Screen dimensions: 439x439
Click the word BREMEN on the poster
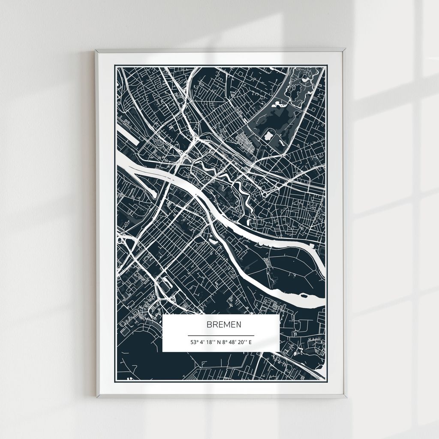click(x=224, y=325)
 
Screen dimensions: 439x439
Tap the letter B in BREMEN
click(x=209, y=325)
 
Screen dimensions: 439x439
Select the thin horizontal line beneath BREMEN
click(x=221, y=335)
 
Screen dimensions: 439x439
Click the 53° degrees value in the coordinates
click(x=194, y=342)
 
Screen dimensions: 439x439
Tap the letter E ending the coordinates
click(x=250, y=342)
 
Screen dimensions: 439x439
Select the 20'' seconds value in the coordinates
click(x=243, y=342)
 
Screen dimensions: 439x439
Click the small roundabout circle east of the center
click(x=265, y=195)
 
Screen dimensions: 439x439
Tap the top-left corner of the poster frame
click(x=96, y=50)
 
